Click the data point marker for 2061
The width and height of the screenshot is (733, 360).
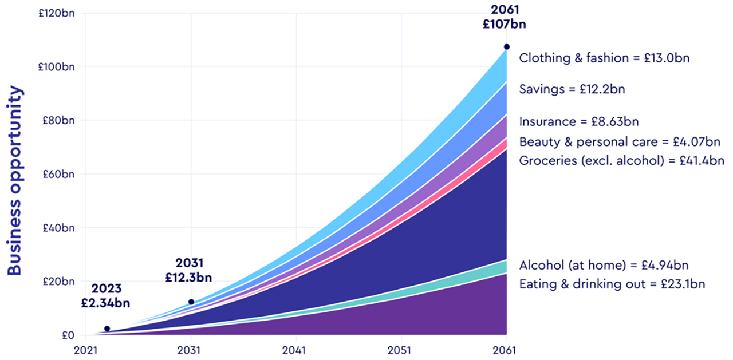[507, 47]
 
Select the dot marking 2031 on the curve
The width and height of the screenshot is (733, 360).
[191, 302]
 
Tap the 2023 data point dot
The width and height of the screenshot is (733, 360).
[107, 329]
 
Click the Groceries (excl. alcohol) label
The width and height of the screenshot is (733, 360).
[622, 160]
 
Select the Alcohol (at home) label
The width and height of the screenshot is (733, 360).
[604, 265]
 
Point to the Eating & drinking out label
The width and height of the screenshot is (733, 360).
[612, 284]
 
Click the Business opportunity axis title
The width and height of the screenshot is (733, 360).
[15, 181]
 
